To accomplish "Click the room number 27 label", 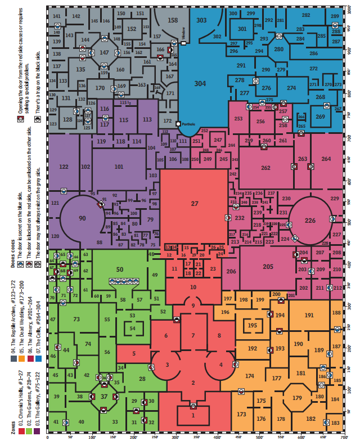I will point(195,203).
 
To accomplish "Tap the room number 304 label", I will point(200,83).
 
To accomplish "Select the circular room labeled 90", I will point(82,218).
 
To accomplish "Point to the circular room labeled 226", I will point(310,220).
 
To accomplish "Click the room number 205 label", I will point(268,267).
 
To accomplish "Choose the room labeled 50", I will point(119,270).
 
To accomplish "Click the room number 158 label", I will point(173,20).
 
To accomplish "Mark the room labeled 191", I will point(309,316).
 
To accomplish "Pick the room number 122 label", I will point(64,167).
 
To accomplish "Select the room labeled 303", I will point(201,20).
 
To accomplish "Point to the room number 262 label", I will point(265,168).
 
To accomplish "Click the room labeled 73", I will point(76,320).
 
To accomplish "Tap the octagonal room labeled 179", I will point(297,398).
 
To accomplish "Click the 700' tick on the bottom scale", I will point(344,437).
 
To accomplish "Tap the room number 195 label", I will point(253,326).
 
